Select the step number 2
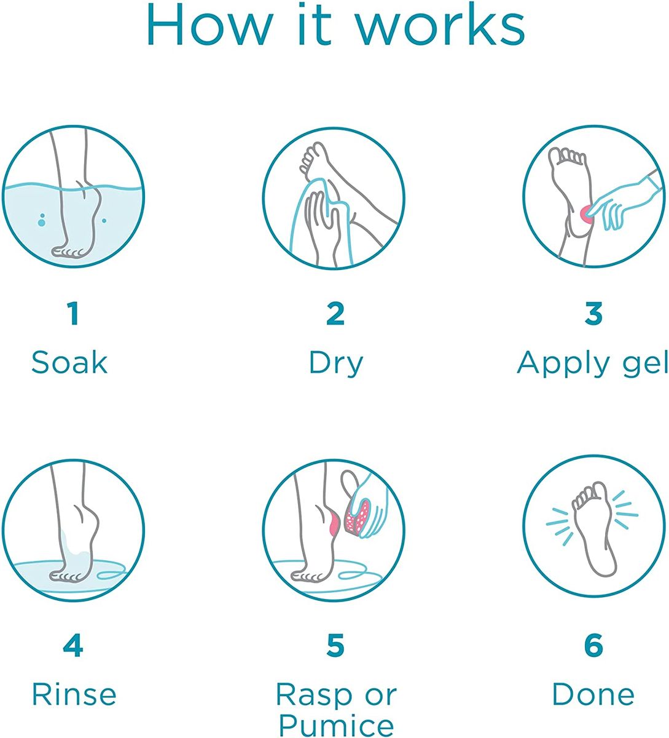[x=335, y=314]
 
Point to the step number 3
[x=593, y=314]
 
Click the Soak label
[x=69, y=363]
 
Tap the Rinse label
[x=74, y=694]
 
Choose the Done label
[x=593, y=694]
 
